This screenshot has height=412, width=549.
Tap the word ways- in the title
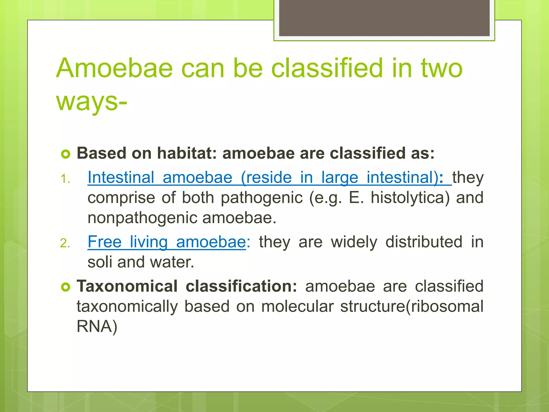pyautogui.click(x=91, y=102)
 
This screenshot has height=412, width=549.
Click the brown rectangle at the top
pyautogui.click(x=384, y=18)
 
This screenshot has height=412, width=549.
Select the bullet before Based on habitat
pyautogui.click(x=65, y=154)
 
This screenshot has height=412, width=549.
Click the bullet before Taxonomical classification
pyautogui.click(x=65, y=287)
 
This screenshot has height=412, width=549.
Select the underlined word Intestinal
pyautogui.click(x=121, y=178)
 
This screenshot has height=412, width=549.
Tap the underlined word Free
pyautogui.click(x=105, y=242)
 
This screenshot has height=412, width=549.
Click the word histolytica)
pyautogui.click(x=410, y=198)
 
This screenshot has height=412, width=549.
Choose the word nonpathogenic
pyautogui.click(x=143, y=218)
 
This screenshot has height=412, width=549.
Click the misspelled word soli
pyautogui.click(x=100, y=262)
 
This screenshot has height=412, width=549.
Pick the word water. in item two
pyautogui.click(x=172, y=262)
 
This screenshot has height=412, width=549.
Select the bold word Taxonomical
pyautogui.click(x=127, y=286)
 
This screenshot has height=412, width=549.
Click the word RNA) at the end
pyautogui.click(x=97, y=326)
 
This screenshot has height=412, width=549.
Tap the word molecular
pyautogui.click(x=297, y=306)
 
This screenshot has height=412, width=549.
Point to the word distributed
pyautogui.click(x=424, y=242)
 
